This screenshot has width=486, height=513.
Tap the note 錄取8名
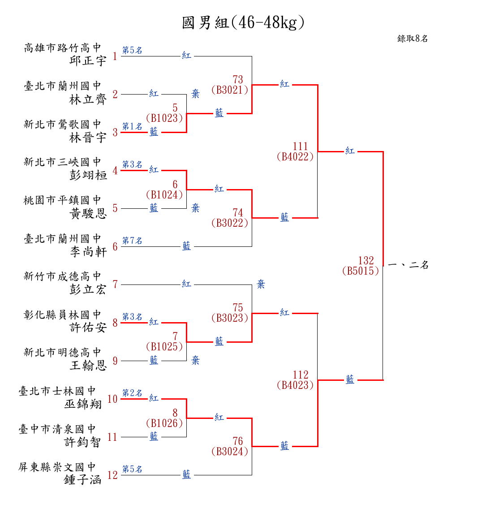pyautogui.click(x=413, y=39)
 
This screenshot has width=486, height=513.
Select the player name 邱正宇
pyautogui.click(x=88, y=60)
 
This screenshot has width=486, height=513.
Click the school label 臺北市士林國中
pyautogui.click(x=57, y=391)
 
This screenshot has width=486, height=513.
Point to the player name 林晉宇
pyautogui.click(x=88, y=138)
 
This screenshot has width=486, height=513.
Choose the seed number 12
pyautogui.click(x=112, y=475)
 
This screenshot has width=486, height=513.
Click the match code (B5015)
pyautogui.click(x=361, y=271)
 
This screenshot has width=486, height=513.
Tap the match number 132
pyautogui.click(x=366, y=261)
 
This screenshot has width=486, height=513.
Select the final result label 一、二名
pyautogui.click(x=408, y=265)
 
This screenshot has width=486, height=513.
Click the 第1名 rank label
pyautogui.click(x=133, y=126)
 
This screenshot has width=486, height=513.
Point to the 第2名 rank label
pyautogui.click(x=133, y=393)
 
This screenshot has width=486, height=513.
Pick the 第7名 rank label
pyautogui.click(x=133, y=241)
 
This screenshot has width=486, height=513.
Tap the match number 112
pyautogui.click(x=301, y=375)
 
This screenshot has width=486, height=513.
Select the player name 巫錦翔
pyautogui.click(x=83, y=404)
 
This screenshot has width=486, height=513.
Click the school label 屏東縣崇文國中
pyautogui.click(x=57, y=467)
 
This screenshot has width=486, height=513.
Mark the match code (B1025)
pyautogui.click(x=164, y=346)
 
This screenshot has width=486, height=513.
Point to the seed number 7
pyautogui.click(x=115, y=285)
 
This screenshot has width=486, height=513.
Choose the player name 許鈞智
pyautogui.click(x=83, y=442)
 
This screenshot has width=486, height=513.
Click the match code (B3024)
pyautogui.click(x=230, y=451)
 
